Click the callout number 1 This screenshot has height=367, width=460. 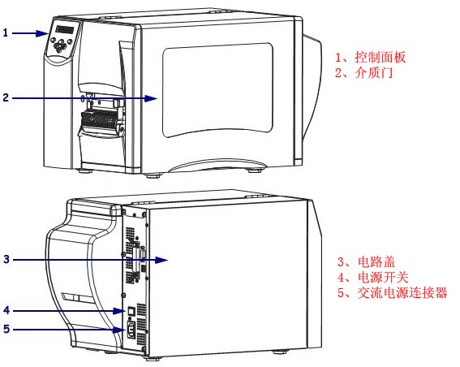point(6,32)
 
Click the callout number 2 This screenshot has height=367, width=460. point(6,97)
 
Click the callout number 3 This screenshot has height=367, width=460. point(6,259)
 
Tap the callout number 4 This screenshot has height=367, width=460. point(6,310)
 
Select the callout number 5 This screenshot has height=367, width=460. point(6,329)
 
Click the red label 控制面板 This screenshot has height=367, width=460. point(380,57)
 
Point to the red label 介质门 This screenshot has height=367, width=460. point(374,72)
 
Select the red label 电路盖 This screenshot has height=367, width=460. point(376,262)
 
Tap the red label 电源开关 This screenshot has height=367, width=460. point(383,278)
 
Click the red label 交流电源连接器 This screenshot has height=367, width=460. point(402,293)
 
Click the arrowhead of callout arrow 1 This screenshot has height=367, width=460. point(42,33)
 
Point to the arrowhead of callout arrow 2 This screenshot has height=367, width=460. point(152,98)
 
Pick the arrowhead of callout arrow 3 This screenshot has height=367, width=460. point(161,260)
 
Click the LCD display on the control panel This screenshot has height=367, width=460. point(65,29)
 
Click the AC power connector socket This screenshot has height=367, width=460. point(131,330)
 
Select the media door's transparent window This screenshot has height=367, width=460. point(217,90)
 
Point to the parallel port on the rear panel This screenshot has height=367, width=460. point(137,260)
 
